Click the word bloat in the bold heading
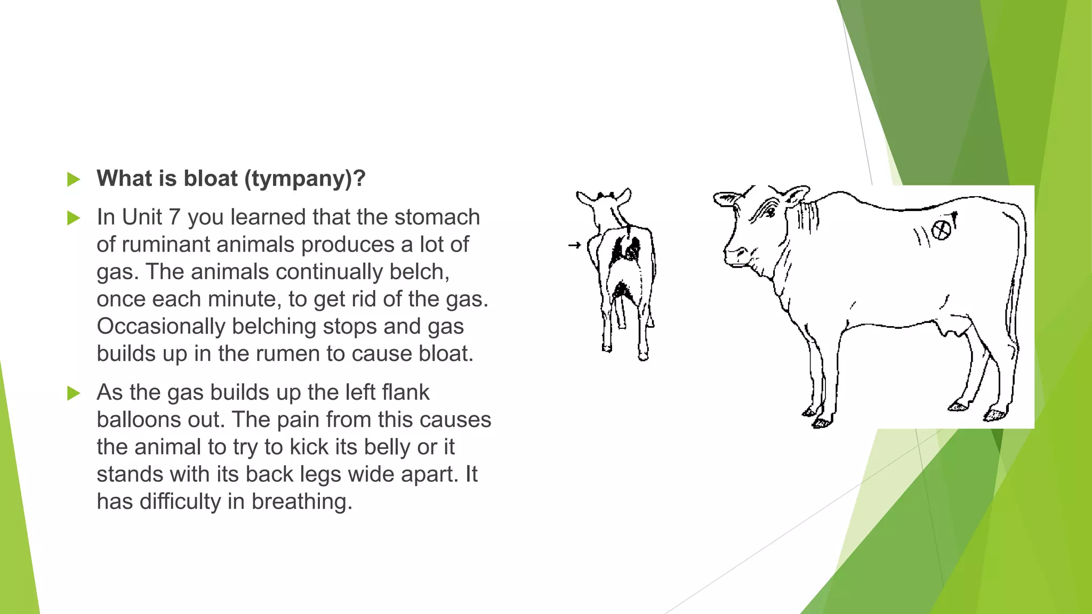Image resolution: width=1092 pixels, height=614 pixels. point(211,179)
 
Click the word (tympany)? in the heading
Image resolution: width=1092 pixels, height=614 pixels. point(305,179)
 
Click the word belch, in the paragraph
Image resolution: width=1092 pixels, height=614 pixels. point(419,272)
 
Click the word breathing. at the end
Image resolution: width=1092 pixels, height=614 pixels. point(301,502)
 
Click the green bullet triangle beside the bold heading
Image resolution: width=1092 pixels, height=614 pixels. point(74,180)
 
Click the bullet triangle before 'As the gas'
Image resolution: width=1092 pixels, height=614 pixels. point(74,394)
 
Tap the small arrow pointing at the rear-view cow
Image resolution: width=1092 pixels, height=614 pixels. point(574,245)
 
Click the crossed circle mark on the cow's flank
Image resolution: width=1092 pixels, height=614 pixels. point(941,230)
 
